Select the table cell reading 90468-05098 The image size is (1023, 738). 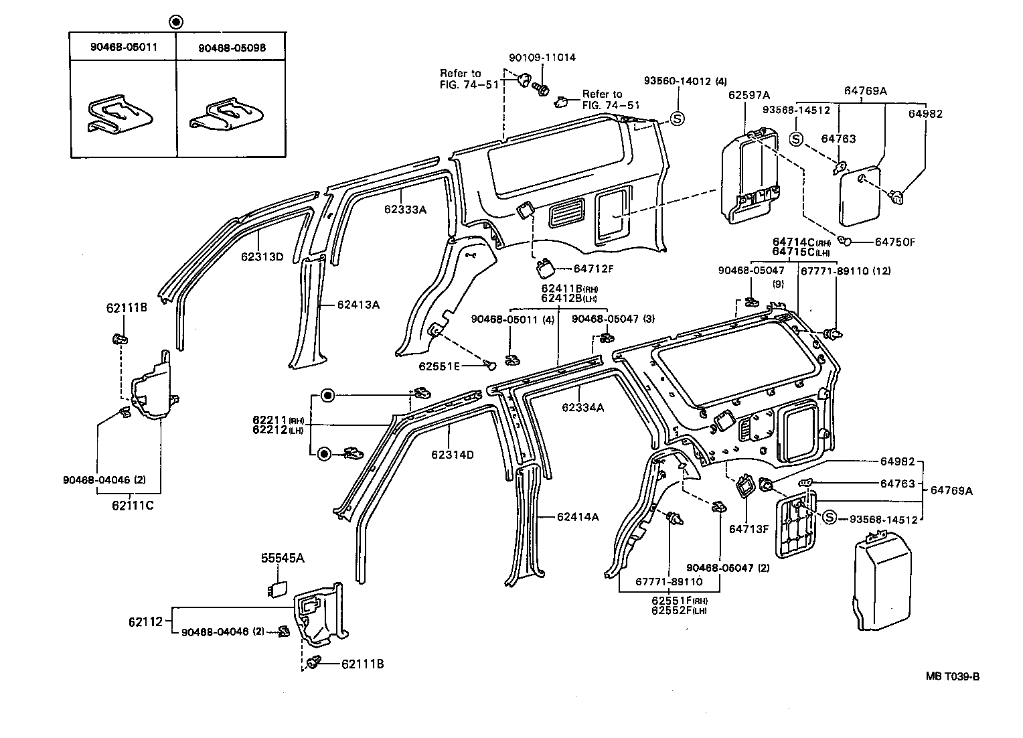click(232, 48)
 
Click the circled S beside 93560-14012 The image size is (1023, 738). click(678, 119)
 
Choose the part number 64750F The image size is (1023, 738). click(894, 242)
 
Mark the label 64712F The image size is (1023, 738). click(593, 269)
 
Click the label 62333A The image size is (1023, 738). click(405, 209)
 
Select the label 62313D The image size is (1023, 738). click(262, 256)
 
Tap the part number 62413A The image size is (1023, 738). click(358, 305)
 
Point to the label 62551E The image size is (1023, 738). click(440, 366)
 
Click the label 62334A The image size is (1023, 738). click(582, 407)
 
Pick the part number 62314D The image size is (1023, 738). click(453, 455)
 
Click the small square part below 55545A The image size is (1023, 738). click(276, 588)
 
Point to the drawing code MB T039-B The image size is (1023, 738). click(953, 676)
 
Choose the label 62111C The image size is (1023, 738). click(133, 505)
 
